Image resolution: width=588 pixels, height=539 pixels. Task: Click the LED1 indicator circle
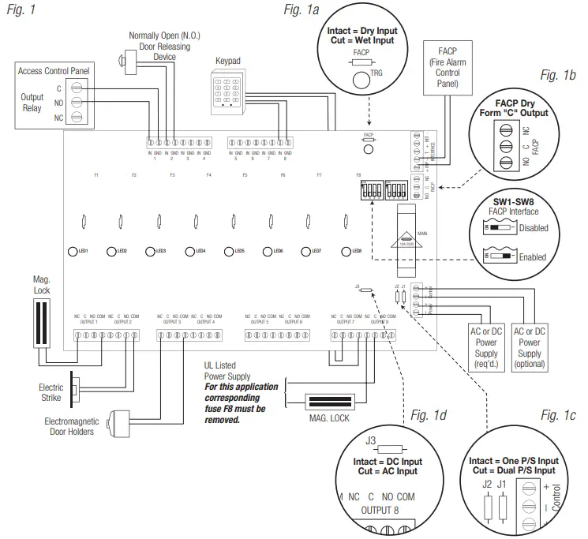pos(72,251)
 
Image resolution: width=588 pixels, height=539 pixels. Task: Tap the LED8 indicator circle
pos(345,251)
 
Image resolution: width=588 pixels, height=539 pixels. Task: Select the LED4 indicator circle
pos(189,251)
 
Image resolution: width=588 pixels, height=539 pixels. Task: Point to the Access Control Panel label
pos(54,71)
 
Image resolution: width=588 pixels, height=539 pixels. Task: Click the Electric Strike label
pos(51,391)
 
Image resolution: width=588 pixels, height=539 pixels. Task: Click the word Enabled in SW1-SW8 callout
pos(554,256)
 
